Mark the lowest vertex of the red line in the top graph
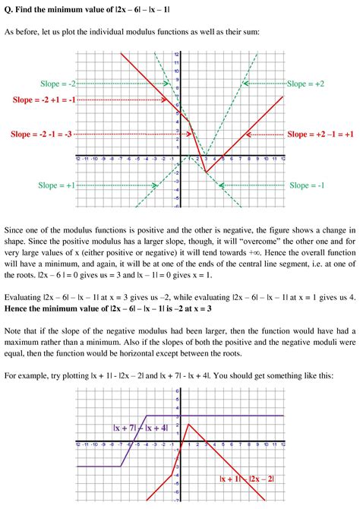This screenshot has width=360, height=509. pos(204,172)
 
